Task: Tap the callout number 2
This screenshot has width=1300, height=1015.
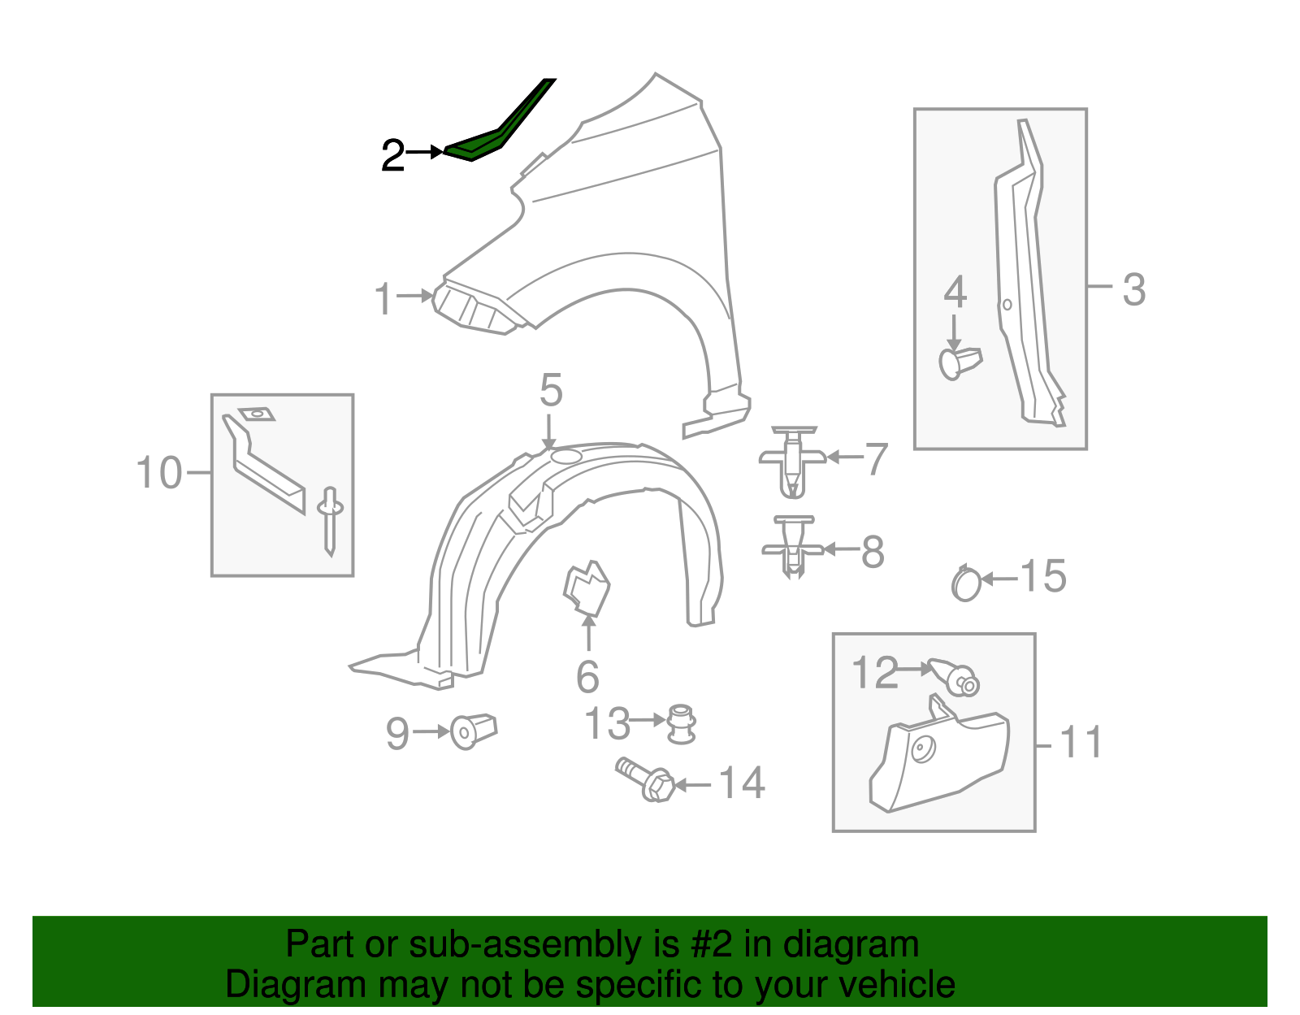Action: tap(393, 154)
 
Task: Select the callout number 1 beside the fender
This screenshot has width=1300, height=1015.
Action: tap(383, 299)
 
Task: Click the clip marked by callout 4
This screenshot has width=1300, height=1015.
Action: tap(959, 362)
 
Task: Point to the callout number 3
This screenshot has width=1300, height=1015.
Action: tap(1133, 289)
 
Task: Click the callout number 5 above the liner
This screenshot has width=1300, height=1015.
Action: tap(551, 391)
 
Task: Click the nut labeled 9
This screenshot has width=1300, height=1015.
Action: tap(474, 731)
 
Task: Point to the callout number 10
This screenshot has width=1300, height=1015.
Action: tap(159, 473)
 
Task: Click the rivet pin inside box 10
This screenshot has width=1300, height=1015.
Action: tap(330, 519)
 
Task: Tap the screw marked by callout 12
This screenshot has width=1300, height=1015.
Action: tap(955, 675)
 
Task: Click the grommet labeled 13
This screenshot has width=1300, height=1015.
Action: tap(680, 722)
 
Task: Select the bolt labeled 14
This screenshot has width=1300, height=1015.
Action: tap(645, 779)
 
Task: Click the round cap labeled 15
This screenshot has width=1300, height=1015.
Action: tap(966, 583)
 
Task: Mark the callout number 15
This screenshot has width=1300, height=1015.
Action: tap(1042, 577)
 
